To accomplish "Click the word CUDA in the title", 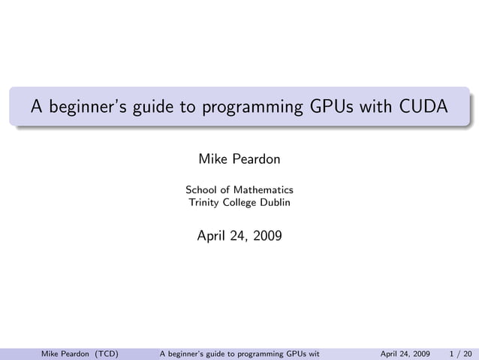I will click(423, 107).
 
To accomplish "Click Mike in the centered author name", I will click(212, 159).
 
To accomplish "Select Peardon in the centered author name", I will click(255, 159).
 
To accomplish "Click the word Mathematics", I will click(263, 189).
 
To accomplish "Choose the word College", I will click(243, 202).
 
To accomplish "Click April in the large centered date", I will click(212, 236).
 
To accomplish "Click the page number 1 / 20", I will click(461, 352).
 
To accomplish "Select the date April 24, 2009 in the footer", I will click(405, 352).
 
